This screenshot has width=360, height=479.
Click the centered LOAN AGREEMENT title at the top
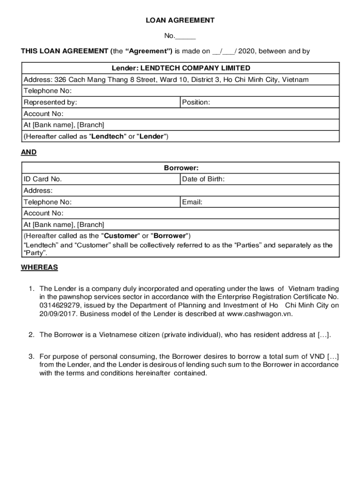180,21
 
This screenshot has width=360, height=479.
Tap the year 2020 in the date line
246,51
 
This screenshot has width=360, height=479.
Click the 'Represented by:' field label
50,102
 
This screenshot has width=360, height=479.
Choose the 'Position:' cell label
196,102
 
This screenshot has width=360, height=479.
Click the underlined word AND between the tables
29,152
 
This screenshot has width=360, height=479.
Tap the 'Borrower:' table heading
181,168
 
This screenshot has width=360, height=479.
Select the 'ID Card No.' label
43,179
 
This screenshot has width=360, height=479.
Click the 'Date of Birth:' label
203,179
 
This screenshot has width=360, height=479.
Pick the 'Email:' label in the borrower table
192,203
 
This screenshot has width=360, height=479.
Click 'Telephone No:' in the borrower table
48,203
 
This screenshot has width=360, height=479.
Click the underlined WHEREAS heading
39,268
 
